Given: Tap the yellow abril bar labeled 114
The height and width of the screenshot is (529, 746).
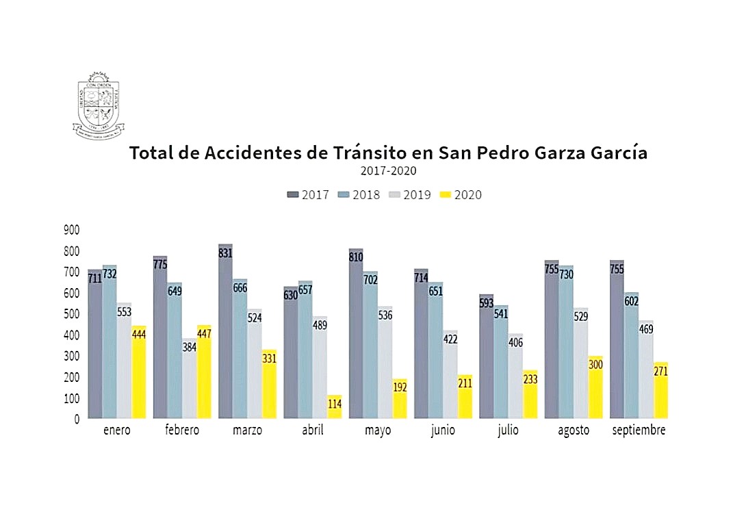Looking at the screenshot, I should pos(335,407).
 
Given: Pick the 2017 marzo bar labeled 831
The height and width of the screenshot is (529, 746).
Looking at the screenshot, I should pos(226,332).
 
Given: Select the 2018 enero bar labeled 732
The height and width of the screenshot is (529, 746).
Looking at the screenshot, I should pos(110,342).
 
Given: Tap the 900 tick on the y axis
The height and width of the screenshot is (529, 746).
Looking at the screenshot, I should pos(71,230).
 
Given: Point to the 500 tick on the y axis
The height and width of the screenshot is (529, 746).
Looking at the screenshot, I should pos(71,314).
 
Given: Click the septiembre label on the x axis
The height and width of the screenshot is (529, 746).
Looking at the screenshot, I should pos(639,430).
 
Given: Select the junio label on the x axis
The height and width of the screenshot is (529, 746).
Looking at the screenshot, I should pos(443,430).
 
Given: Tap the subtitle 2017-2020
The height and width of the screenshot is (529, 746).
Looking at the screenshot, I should pos(388,171).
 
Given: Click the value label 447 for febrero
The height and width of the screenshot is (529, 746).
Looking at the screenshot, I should pos(204,333).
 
